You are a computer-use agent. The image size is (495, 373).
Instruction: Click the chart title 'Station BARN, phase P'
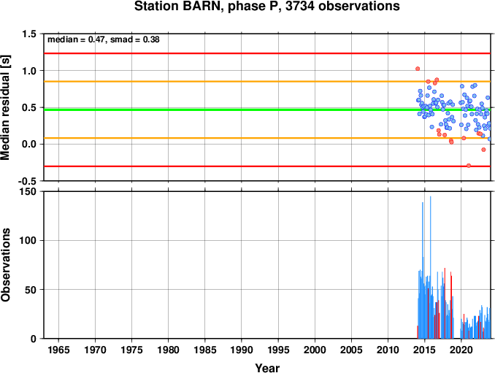coord(208,7)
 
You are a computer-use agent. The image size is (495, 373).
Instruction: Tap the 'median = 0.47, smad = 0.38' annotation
coord(104,39)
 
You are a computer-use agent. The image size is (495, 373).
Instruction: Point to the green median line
coord(267,109)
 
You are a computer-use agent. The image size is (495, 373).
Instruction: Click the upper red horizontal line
coord(267,53)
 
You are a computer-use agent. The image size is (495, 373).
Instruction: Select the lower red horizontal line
coord(267,166)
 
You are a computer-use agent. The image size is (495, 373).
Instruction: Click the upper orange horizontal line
coord(267,82)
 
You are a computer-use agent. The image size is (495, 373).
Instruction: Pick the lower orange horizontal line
coord(267,138)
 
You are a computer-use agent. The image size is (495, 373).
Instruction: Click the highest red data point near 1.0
coord(418,69)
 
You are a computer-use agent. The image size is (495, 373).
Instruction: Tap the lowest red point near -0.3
coord(469,166)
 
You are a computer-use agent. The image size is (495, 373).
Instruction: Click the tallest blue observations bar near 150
coord(430,267)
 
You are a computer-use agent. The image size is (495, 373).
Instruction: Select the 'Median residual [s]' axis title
coord(5,107)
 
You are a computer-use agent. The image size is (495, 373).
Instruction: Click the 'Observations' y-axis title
coord(5,265)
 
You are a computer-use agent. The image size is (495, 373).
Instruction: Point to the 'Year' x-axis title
coord(267,368)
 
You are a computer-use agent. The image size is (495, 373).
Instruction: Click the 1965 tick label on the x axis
coord(58,350)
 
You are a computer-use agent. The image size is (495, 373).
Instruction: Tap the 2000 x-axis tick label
coord(315,350)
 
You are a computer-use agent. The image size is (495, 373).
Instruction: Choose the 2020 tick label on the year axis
coord(461,350)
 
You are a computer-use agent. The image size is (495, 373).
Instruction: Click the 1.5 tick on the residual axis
coord(29,34)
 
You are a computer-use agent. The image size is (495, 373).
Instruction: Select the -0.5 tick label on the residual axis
coord(27,181)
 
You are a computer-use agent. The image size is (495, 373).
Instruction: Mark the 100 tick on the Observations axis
coord(28,240)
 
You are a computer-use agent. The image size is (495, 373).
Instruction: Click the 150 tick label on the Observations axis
coord(28,191)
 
